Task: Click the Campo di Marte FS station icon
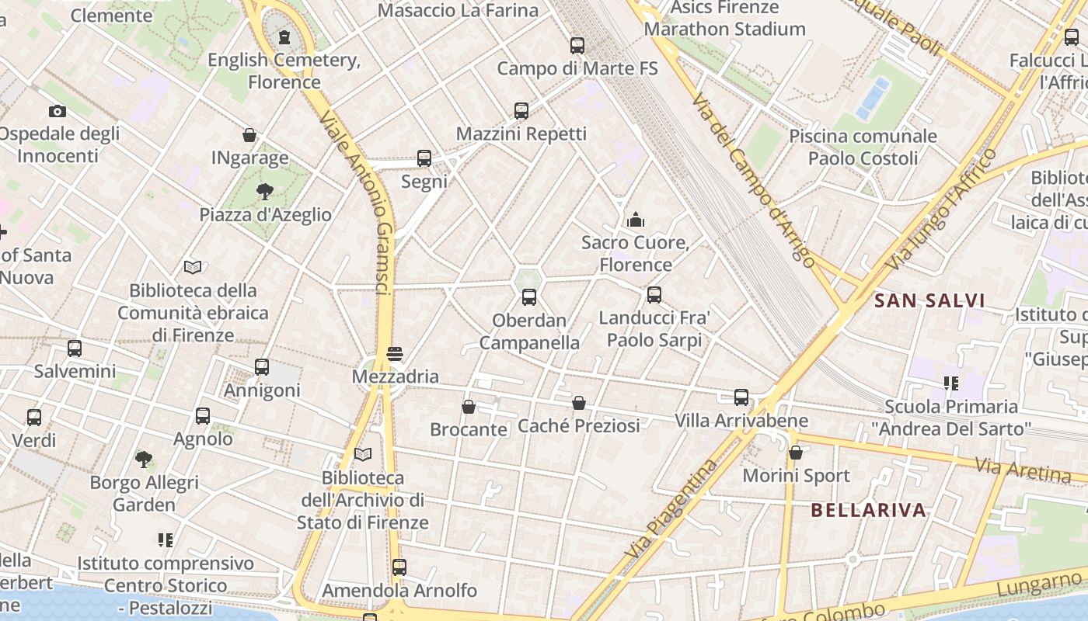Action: pyautogui.click(x=577, y=46)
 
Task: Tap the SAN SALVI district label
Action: pyautogui.click(x=929, y=300)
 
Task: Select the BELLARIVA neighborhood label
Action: pyautogui.click(x=868, y=510)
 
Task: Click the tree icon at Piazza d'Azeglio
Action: pyautogui.click(x=265, y=192)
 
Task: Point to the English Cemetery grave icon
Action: pyautogui.click(x=284, y=37)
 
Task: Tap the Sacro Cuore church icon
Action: pyautogui.click(x=636, y=220)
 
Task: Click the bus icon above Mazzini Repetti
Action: pyautogui.click(x=521, y=111)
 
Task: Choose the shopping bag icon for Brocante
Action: pyautogui.click(x=469, y=407)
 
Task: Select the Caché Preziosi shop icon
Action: pyautogui.click(x=578, y=403)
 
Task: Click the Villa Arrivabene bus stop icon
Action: pyautogui.click(x=741, y=397)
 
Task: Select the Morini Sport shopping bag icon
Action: pyautogui.click(x=796, y=453)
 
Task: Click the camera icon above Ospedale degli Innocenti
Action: pyautogui.click(x=58, y=111)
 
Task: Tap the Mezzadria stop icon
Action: pyautogui.click(x=395, y=354)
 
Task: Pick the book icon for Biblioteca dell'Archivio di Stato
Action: pyautogui.click(x=363, y=454)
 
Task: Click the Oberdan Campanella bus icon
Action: pyautogui.click(x=529, y=297)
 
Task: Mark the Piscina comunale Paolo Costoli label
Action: pyautogui.click(x=863, y=147)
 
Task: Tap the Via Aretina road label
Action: pyautogui.click(x=1023, y=469)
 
